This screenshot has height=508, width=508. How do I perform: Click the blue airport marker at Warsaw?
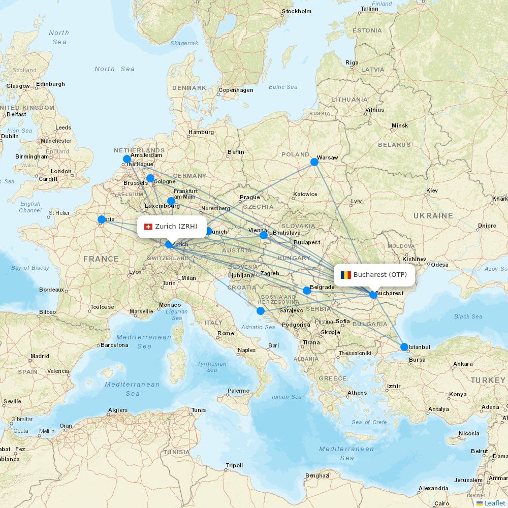pyautogui.click(x=314, y=162)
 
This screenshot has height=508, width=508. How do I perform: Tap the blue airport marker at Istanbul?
pyautogui.click(x=404, y=347)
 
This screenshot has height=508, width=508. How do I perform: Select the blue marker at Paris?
pyautogui.click(x=102, y=219)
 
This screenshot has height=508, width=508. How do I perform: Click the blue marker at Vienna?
pyautogui.click(x=264, y=235)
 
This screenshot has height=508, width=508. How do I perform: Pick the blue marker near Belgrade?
pyautogui.click(x=307, y=291)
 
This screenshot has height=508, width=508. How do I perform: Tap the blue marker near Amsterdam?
pyautogui.click(x=127, y=159)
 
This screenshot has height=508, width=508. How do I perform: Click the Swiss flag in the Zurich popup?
pyautogui.click(x=148, y=227)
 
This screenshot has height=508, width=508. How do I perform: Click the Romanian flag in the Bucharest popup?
pyautogui.click(x=346, y=275)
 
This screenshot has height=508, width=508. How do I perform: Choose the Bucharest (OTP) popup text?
pyautogui.click(x=380, y=275)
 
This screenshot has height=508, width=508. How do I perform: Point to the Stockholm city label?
pyautogui.click(x=296, y=11)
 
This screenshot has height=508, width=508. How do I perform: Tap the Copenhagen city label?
pyautogui.click(x=236, y=90)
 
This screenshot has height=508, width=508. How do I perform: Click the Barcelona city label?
pyautogui.click(x=114, y=345)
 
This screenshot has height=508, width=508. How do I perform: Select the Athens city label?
pyautogui.click(x=357, y=393)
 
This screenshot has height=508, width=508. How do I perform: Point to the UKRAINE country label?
pyautogui.click(x=433, y=216)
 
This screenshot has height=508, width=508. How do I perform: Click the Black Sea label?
pyautogui.click(x=468, y=316)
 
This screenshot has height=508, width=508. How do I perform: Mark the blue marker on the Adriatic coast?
pyautogui.click(x=261, y=311)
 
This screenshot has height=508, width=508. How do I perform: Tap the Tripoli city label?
pyautogui.click(x=234, y=465)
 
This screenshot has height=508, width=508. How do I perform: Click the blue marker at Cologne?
pyautogui.click(x=150, y=178)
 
